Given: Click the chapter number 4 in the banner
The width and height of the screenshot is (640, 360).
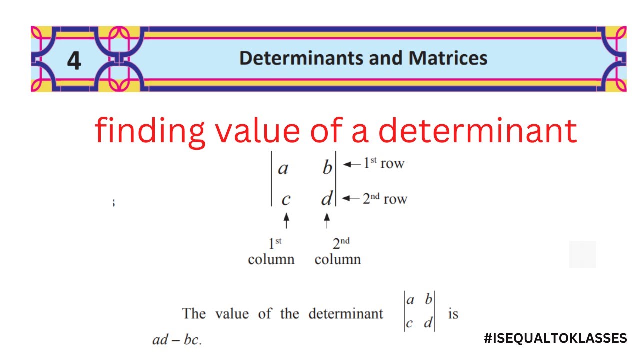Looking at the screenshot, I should [74, 61].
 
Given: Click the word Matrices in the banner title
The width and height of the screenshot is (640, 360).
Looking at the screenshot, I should [448, 58].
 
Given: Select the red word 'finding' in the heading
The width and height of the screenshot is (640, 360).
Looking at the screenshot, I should [150, 131].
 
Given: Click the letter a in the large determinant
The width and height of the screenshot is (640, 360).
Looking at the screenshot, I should [283, 168].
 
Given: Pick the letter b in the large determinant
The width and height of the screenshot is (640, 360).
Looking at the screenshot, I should [327, 168].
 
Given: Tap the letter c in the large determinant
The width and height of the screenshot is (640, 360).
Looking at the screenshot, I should [285, 199].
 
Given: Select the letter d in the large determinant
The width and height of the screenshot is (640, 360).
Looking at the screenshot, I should [326, 199].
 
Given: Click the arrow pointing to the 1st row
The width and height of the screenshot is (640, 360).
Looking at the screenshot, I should [352, 164].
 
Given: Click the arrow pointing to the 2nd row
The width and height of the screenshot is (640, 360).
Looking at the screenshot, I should [352, 199].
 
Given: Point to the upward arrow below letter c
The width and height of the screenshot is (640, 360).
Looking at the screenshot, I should [286, 221].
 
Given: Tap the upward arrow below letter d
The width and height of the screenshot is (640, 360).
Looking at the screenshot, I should [327, 221].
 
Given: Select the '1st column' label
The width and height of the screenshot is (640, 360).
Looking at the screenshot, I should [271, 251].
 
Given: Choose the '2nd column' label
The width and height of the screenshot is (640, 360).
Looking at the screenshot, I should [338, 251].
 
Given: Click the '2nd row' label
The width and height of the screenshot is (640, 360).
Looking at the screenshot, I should [385, 199].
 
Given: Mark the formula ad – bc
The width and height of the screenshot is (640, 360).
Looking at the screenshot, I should [176, 340].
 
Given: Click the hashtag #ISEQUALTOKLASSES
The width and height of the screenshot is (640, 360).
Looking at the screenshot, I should [555, 338].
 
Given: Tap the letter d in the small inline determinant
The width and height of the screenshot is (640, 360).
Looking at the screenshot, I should [428, 323].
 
